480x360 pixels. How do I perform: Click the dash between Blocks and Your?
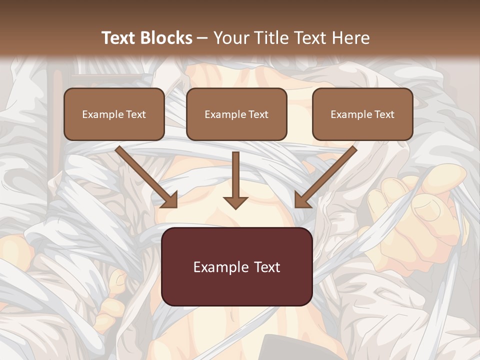202,38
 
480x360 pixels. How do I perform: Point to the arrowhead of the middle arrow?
235,202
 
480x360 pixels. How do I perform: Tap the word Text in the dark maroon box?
267,267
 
